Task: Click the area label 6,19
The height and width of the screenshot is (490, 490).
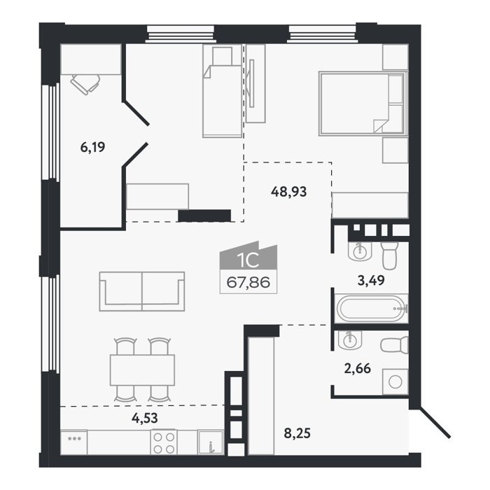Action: coord(92,147)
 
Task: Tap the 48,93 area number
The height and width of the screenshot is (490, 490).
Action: coord(288,192)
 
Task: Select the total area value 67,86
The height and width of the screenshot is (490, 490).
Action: coord(248,283)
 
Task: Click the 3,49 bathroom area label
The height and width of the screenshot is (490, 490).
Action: coord(371,280)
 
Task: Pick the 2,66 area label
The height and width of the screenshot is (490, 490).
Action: coord(358,368)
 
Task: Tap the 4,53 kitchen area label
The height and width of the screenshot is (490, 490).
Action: coord(145,418)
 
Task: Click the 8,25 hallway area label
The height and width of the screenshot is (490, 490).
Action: coord(297,433)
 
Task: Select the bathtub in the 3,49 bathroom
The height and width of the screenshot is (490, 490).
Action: coord(372,309)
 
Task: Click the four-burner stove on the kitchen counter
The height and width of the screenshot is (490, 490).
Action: coord(164,442)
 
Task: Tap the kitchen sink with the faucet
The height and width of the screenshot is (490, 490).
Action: coord(211,442)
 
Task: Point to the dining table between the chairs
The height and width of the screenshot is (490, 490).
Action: coord(142,370)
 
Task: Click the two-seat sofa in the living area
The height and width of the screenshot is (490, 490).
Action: coord(142,291)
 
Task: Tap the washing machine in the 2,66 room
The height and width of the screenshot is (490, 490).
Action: coord(395,382)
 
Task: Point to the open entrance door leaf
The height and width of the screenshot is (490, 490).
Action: coord(434,422)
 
